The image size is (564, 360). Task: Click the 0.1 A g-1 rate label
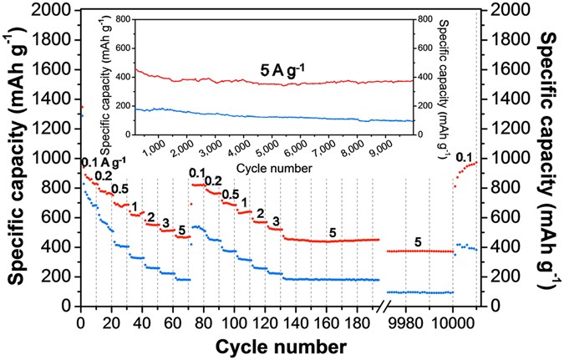tap(104, 161)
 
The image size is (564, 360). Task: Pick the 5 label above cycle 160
tap(333, 233)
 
